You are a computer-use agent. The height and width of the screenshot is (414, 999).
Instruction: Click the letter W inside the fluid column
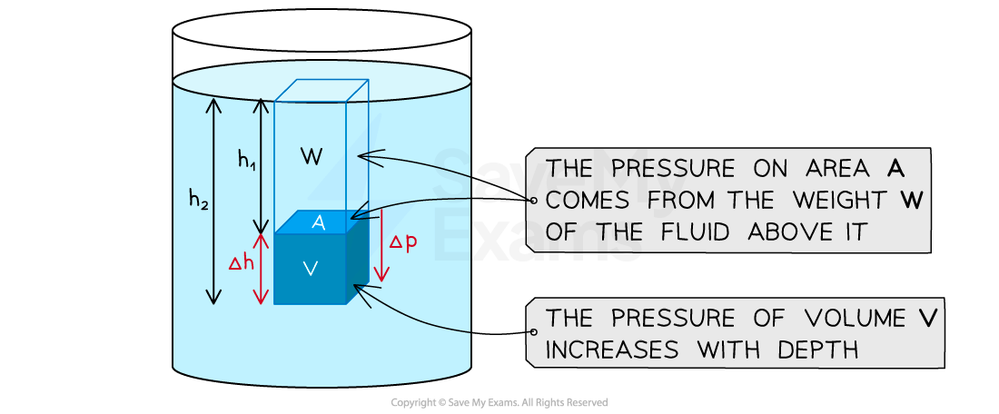pyautogui.click(x=312, y=157)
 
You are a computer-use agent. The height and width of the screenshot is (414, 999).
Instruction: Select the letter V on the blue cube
pyautogui.click(x=311, y=269)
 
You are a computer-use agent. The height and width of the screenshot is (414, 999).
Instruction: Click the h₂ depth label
pyautogui.click(x=199, y=198)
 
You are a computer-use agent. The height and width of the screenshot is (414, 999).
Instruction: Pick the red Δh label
pyautogui.click(x=241, y=263)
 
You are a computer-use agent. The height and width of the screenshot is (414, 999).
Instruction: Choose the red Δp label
pyautogui.click(x=403, y=242)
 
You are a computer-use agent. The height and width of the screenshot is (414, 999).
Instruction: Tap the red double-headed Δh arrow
pyautogui.click(x=262, y=270)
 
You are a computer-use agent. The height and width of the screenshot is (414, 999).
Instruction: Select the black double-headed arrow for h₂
pyautogui.click(x=214, y=201)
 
